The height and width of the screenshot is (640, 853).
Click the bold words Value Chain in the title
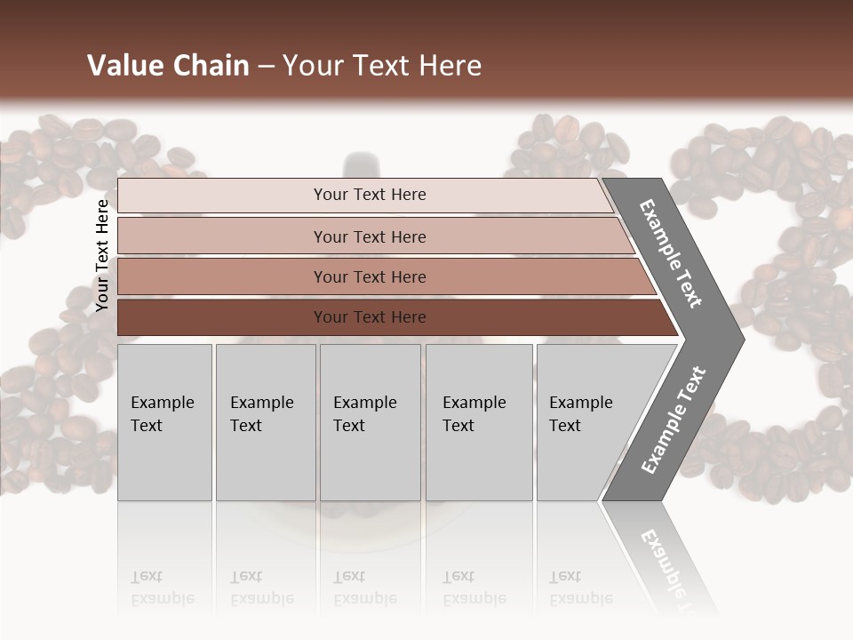pyautogui.click(x=168, y=66)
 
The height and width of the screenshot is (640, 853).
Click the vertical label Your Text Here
pyautogui.click(x=102, y=256)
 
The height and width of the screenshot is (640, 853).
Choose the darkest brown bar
pyautogui.click(x=222, y=317)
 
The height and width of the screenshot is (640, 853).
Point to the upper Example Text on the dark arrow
pyautogui.click(x=671, y=253)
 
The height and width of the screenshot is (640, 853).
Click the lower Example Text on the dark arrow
pyautogui.click(x=674, y=420)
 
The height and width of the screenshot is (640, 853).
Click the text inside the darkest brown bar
pyautogui.click(x=370, y=317)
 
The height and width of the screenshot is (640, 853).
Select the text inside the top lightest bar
pyautogui.click(x=370, y=195)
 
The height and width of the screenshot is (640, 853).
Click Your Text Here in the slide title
pyautogui.click(x=382, y=66)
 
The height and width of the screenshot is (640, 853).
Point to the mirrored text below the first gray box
pyautogui.click(x=163, y=588)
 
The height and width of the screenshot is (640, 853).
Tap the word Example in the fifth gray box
pyautogui.click(x=581, y=403)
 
